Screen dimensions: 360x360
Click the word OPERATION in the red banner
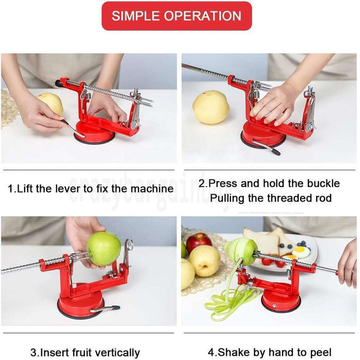pos(202,16)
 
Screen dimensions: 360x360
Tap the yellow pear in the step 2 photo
pos(211,107)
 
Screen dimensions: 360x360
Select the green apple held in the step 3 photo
pos(104,248)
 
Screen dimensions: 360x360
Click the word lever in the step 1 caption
pos(68,189)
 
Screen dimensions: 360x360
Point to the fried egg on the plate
pos(301,251)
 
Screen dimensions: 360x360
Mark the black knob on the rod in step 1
pos(59,83)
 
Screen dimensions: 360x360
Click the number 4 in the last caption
pos(211,352)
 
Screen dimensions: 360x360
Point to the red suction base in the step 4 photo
pos(281,299)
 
